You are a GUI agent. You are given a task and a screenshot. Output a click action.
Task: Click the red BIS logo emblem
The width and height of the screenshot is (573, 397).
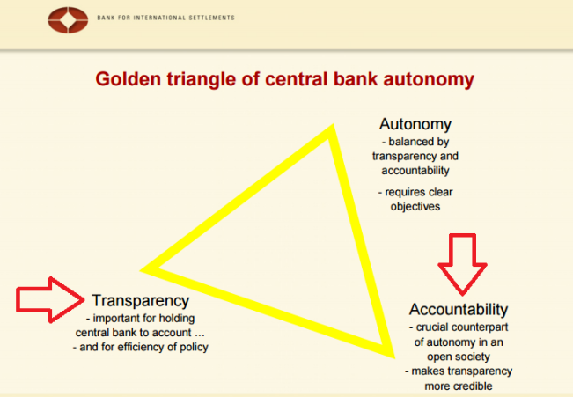pos(68,19)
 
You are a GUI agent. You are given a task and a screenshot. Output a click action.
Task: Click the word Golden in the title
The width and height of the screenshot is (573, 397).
pos(129,79)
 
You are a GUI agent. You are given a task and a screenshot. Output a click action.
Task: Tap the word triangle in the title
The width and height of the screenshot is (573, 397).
pos(202,80)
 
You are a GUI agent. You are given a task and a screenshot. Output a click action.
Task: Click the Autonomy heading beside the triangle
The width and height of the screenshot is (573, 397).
pos(415,124)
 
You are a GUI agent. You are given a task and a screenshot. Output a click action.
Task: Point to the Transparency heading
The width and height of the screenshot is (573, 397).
pos(140,301)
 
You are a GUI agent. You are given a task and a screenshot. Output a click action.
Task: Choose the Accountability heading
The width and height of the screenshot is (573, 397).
pos(459,309)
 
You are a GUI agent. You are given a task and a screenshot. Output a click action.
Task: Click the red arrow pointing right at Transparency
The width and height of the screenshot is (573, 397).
pos(50,300)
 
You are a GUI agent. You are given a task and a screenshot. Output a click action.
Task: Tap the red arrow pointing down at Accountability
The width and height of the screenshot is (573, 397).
pos(462,264)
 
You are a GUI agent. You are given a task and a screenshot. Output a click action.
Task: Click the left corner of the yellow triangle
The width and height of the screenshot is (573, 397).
pos(140,270)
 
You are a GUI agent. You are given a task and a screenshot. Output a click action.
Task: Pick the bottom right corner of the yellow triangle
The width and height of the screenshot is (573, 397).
pos(394,357)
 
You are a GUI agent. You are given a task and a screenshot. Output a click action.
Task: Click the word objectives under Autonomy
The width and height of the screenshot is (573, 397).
pos(415,207)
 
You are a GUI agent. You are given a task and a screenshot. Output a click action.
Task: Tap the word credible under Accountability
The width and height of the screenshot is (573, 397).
pos(474,386)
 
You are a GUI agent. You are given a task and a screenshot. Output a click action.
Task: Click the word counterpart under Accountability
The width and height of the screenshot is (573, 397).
pos(480,327)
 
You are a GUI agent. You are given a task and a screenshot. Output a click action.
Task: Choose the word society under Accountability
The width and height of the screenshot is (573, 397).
pos(473,357)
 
